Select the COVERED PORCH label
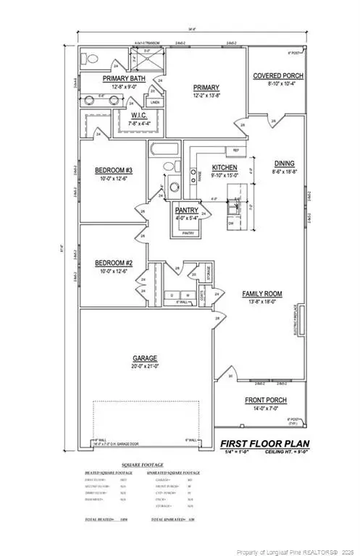tap(277, 76)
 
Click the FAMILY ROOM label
tap(261, 295)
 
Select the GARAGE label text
tap(147, 358)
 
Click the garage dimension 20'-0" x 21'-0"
tap(147, 366)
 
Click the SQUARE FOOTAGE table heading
tap(143, 465)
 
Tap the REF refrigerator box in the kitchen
tap(235, 150)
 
